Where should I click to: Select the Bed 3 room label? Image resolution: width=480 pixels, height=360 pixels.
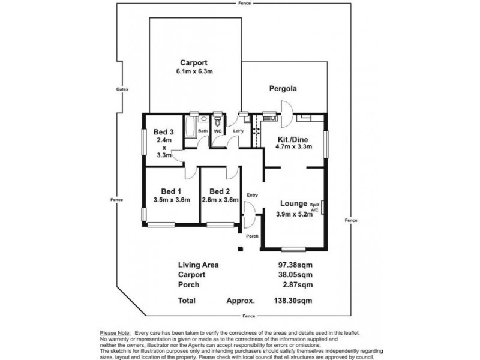[x=164, y=132]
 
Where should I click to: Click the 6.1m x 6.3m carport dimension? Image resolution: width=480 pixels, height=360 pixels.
[x=194, y=71]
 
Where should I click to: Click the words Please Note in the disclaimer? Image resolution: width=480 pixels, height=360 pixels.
[x=116, y=332]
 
